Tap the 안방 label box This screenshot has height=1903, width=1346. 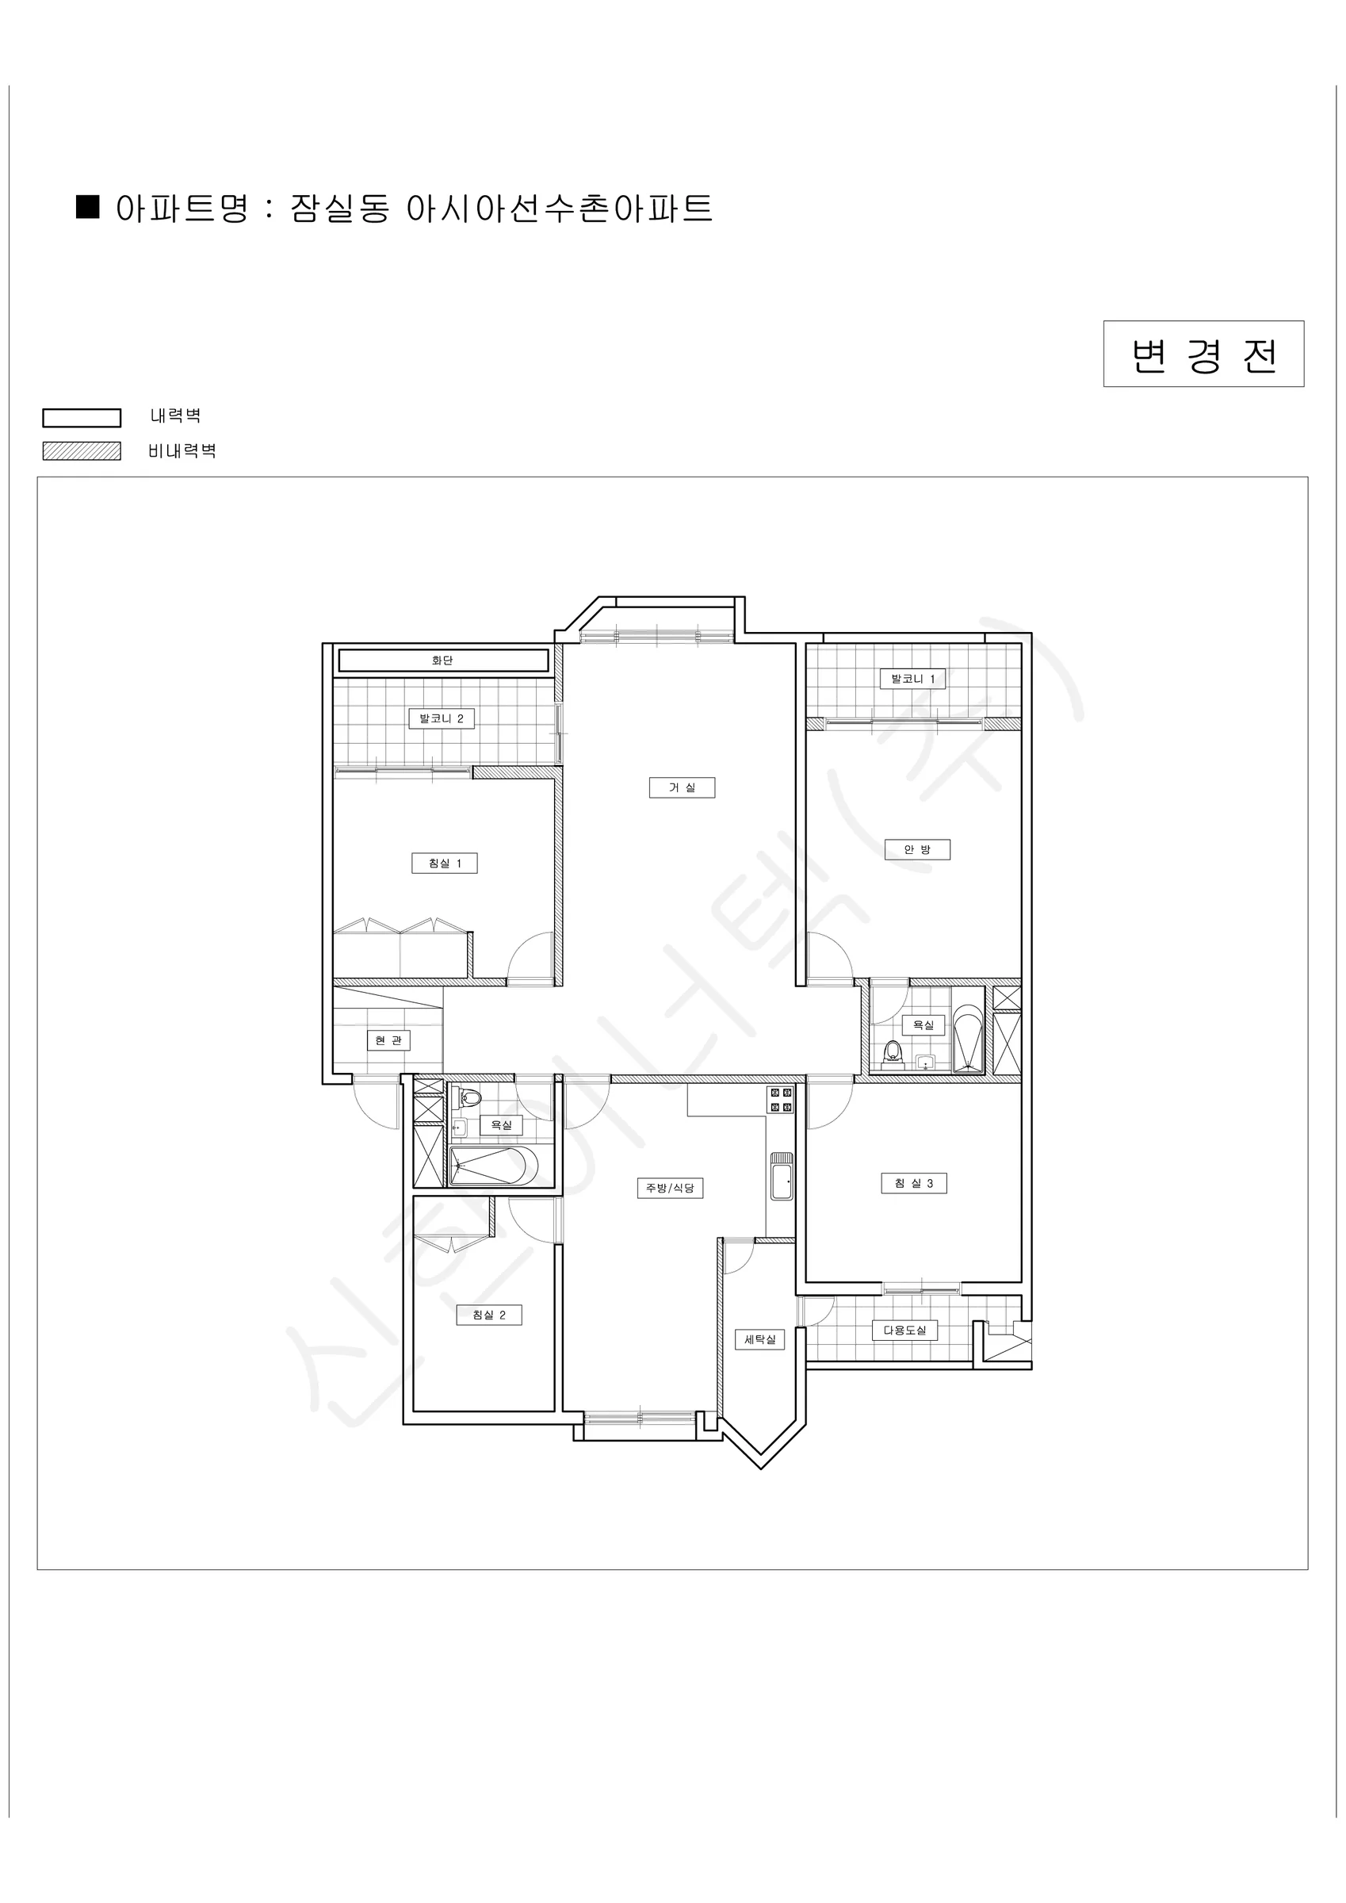[916, 849]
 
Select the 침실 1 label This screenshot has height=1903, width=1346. [444, 863]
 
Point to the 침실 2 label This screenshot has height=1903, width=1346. [489, 1315]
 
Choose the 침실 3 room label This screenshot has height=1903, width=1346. [913, 1184]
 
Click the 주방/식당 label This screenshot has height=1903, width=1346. [670, 1188]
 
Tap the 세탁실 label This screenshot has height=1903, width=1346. [760, 1339]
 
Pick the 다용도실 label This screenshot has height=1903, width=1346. [904, 1331]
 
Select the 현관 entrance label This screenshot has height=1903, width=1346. [388, 1040]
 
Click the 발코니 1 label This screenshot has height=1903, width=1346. [912, 679]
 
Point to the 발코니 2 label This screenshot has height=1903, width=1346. [441, 718]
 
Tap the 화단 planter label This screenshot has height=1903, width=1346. [442, 660]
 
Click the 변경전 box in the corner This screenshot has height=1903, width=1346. [1203, 354]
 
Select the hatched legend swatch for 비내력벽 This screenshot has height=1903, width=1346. [82, 451]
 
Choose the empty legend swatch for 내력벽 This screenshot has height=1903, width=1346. [82, 418]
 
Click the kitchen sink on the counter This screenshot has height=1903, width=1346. [782, 1176]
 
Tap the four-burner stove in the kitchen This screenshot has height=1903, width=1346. [781, 1100]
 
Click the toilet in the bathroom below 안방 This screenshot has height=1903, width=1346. [893, 1053]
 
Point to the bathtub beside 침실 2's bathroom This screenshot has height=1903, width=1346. [493, 1166]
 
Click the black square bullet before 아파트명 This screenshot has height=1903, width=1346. [88, 206]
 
